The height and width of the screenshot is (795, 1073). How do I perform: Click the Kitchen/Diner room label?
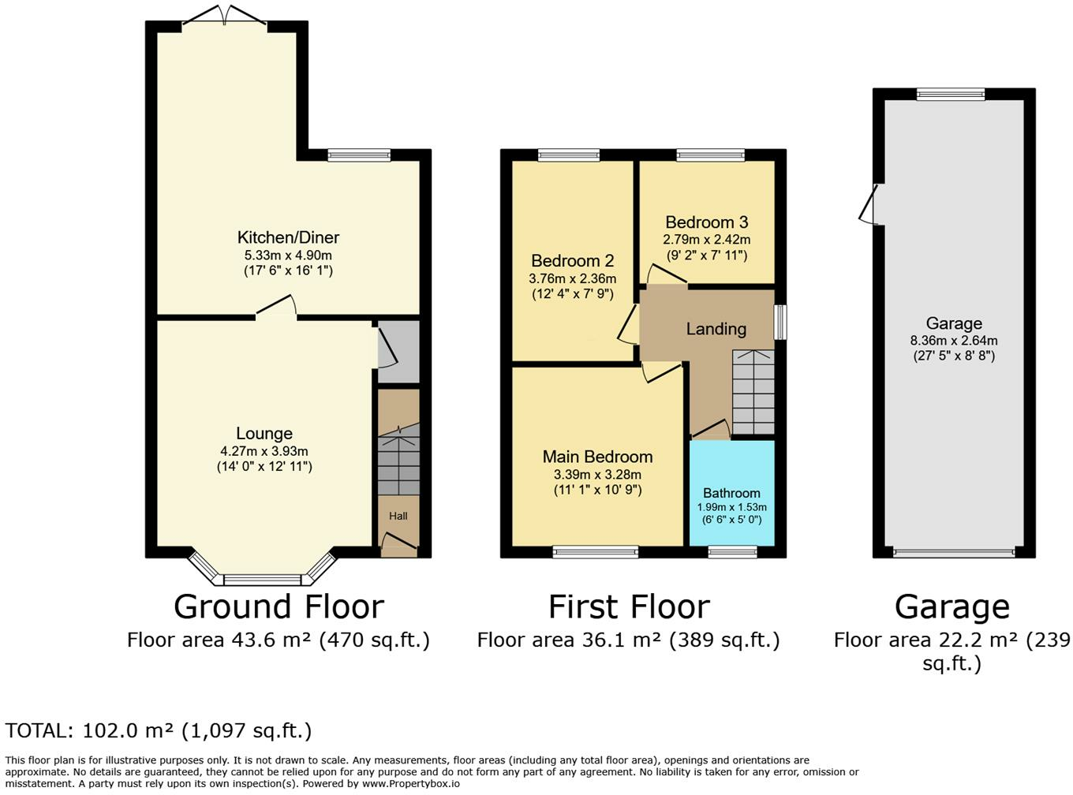pyautogui.click(x=288, y=237)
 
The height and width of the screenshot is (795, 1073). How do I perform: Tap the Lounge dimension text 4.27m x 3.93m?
pyautogui.click(x=264, y=451)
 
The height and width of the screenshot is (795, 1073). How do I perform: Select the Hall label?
pyautogui.click(x=398, y=516)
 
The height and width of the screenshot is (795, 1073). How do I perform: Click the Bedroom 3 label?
pyautogui.click(x=707, y=222)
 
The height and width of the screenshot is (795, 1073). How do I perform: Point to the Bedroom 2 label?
pyautogui.click(x=572, y=261)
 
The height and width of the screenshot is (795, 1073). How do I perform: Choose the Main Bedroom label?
pyautogui.click(x=597, y=457)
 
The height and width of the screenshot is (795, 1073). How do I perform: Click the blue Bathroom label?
pyautogui.click(x=731, y=493)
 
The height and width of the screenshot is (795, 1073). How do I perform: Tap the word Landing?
pyautogui.click(x=716, y=330)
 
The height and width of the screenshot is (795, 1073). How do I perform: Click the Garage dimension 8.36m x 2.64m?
pyautogui.click(x=954, y=341)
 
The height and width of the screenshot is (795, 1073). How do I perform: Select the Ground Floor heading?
pyautogui.click(x=279, y=607)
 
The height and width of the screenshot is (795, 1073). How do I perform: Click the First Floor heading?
pyautogui.click(x=629, y=607)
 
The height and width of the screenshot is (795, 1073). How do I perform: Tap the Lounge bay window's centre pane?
pyautogui.click(x=263, y=580)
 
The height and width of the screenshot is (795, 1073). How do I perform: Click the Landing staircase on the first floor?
pyautogui.click(x=753, y=392)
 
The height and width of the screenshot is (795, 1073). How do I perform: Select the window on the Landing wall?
pyautogui.click(x=780, y=322)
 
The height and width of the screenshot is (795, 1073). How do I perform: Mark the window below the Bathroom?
pyautogui.click(x=732, y=552)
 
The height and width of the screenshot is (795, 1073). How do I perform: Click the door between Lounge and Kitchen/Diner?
pyautogui.click(x=276, y=308)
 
